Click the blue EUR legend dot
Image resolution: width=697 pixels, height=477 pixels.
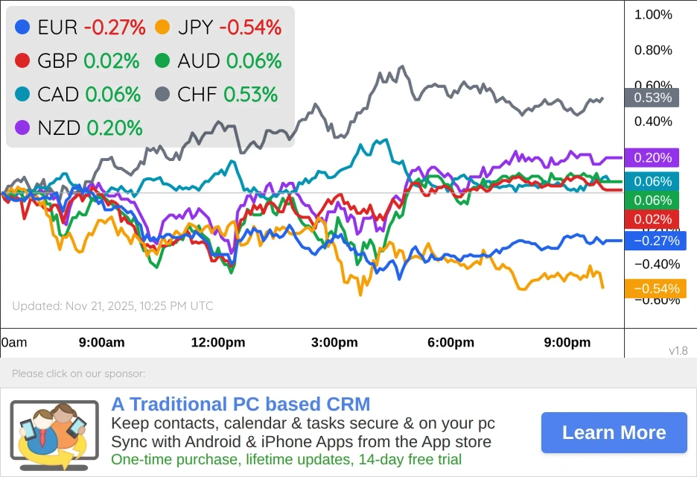pyautogui.click(x=22, y=28)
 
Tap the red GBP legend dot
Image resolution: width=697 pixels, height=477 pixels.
pyautogui.click(x=22, y=61)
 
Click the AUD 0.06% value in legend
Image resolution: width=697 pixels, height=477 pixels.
pyautogui.click(x=254, y=61)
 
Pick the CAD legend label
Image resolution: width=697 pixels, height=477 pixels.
pyautogui.click(x=58, y=95)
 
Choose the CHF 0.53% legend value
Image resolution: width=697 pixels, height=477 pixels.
pyautogui.click(x=250, y=95)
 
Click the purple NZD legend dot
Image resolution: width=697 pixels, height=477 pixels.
pyautogui.click(x=22, y=128)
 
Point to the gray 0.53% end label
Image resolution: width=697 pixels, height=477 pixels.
pyautogui.click(x=652, y=98)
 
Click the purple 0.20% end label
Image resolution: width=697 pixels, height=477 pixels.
pyautogui.click(x=652, y=158)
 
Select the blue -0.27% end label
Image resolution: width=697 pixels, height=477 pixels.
pyautogui.click(x=655, y=241)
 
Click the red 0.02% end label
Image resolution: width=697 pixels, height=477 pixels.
pyautogui.click(x=652, y=219)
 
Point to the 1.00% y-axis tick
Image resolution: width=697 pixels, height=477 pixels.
pyautogui.click(x=652, y=15)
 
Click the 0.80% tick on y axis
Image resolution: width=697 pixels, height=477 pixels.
pyautogui.click(x=652, y=51)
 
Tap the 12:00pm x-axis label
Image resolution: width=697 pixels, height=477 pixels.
pyautogui.click(x=218, y=343)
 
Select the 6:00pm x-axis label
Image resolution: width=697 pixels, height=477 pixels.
pyautogui.click(x=450, y=343)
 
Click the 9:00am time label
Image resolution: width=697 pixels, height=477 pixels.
pyautogui.click(x=101, y=343)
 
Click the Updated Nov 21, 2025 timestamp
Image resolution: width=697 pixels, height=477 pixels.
pyautogui.click(x=112, y=306)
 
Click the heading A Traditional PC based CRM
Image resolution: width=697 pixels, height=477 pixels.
pyautogui.click(x=241, y=405)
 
